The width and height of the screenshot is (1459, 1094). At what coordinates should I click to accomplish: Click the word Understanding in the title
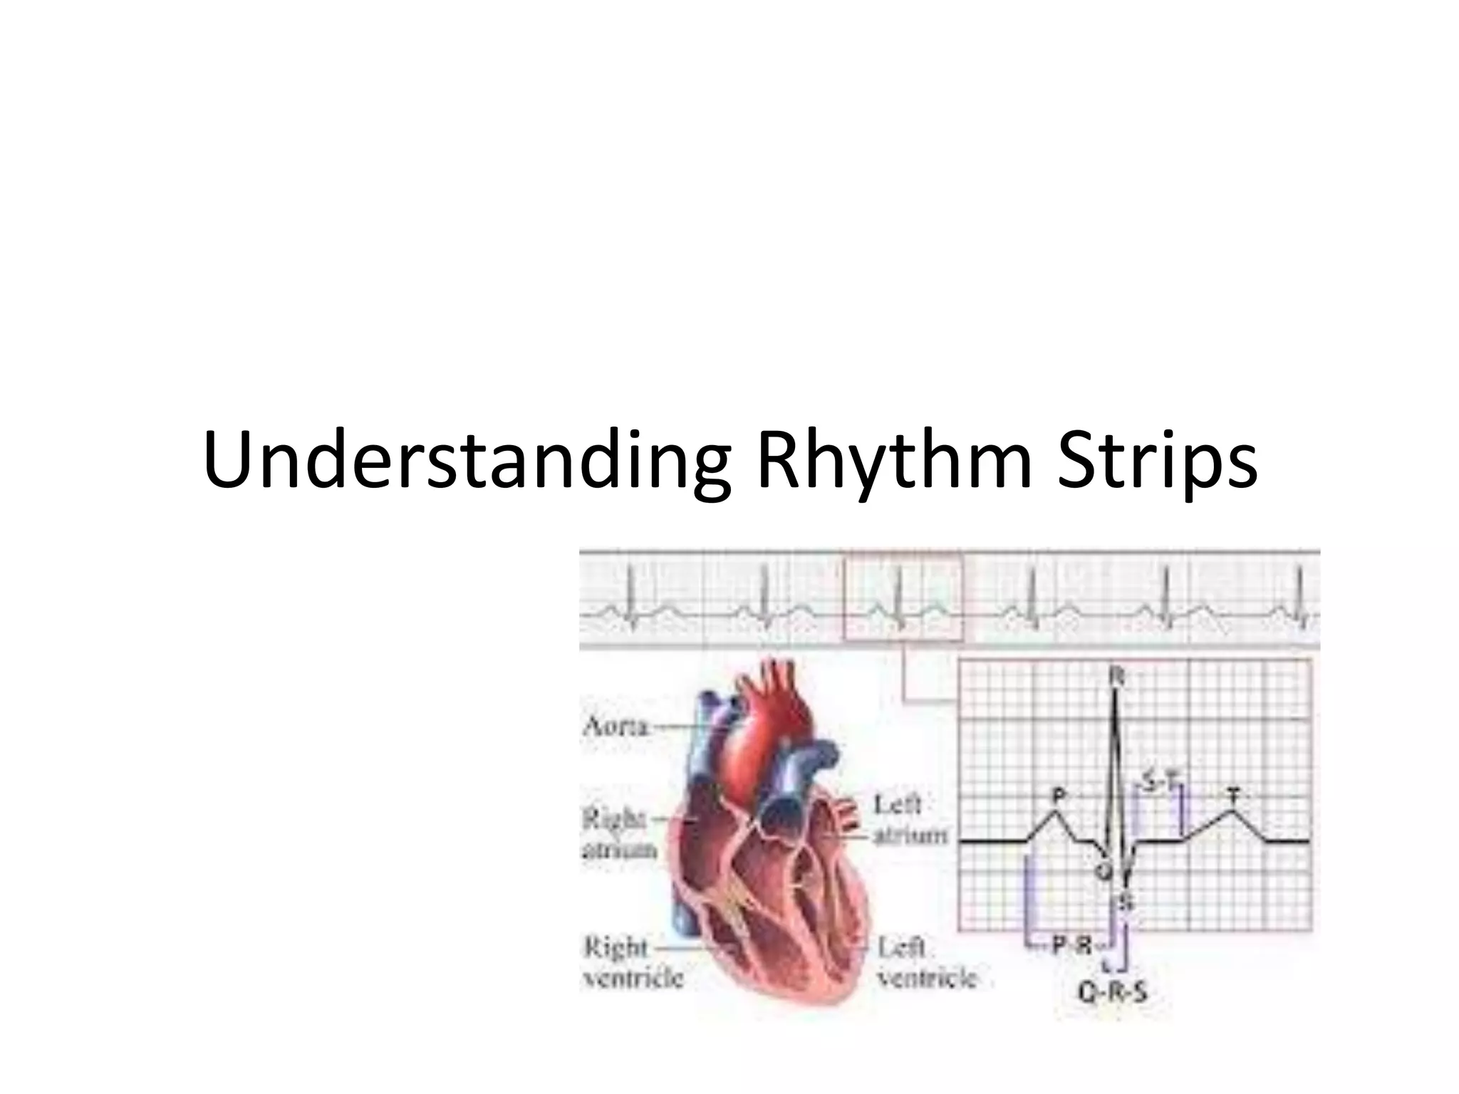(466, 462)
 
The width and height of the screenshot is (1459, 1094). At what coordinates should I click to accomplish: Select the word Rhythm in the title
(894, 462)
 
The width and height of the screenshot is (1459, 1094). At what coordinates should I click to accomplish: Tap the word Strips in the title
(1157, 462)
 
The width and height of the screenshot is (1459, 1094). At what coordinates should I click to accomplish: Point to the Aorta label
(616, 727)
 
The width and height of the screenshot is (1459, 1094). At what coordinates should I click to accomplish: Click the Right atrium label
(619, 834)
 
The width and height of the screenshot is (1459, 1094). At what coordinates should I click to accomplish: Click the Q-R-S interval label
(1112, 991)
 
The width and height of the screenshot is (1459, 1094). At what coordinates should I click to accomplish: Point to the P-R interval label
(1072, 946)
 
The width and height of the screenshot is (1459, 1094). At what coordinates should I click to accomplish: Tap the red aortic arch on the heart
(777, 712)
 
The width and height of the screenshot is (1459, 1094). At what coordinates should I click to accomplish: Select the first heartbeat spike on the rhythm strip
(630, 591)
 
